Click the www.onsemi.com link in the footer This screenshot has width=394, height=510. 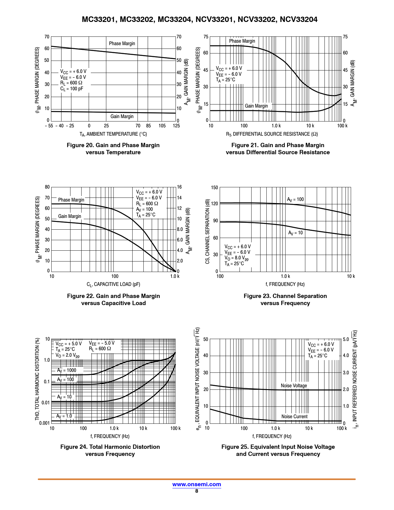(197, 484)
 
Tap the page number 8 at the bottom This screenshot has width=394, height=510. (197, 491)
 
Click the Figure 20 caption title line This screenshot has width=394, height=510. (113, 145)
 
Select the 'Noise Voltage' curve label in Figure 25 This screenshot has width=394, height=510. (294, 385)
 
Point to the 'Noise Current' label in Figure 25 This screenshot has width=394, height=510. (294, 416)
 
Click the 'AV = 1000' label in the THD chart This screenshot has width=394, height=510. (66, 370)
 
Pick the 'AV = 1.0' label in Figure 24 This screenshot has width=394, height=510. (64, 416)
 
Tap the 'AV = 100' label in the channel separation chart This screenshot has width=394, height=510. (295, 199)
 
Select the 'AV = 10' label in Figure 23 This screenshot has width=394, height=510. (295, 233)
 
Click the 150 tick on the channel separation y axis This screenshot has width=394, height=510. (214, 187)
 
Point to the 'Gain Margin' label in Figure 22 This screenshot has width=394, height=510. (70, 216)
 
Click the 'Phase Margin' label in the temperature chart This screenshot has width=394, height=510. (122, 43)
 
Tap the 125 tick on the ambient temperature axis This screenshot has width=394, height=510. (176, 126)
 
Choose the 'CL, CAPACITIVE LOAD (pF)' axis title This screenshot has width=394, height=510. (113, 284)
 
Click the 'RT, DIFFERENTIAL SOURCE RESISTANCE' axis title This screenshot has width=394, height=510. (272, 134)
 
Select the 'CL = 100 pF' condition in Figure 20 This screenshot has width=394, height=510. (72, 89)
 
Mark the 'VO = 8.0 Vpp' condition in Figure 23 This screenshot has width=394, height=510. (236, 258)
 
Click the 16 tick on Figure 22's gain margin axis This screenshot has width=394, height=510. (179, 187)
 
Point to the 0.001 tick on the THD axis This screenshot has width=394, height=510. (44, 423)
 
